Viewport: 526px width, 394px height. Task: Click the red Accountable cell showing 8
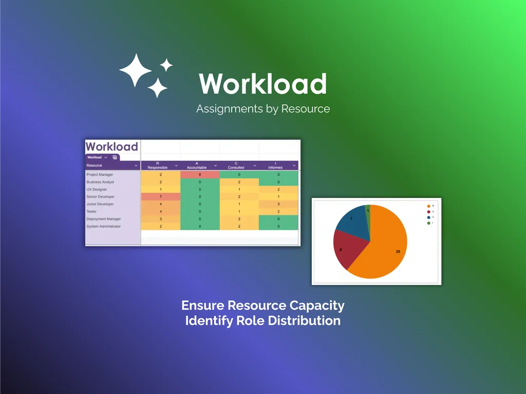[x=200, y=175]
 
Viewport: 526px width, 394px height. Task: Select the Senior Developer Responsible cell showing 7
[x=160, y=196]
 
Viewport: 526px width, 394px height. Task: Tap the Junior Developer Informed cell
[x=278, y=204]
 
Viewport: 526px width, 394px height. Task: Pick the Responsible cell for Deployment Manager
[x=160, y=219]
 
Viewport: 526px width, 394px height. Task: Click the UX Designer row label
[x=97, y=189]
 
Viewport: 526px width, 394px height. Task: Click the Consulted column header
[x=236, y=165]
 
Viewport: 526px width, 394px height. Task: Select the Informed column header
[x=275, y=165]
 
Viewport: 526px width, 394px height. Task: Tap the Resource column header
[x=95, y=165]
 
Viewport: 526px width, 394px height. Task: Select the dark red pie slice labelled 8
[x=345, y=248]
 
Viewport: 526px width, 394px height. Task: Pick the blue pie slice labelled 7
[x=353, y=222]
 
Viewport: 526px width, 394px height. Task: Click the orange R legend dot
[x=428, y=206]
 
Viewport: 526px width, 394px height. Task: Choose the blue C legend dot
[x=428, y=217]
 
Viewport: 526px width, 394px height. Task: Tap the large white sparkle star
[x=135, y=70]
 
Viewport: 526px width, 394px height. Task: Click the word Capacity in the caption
[x=317, y=306]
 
